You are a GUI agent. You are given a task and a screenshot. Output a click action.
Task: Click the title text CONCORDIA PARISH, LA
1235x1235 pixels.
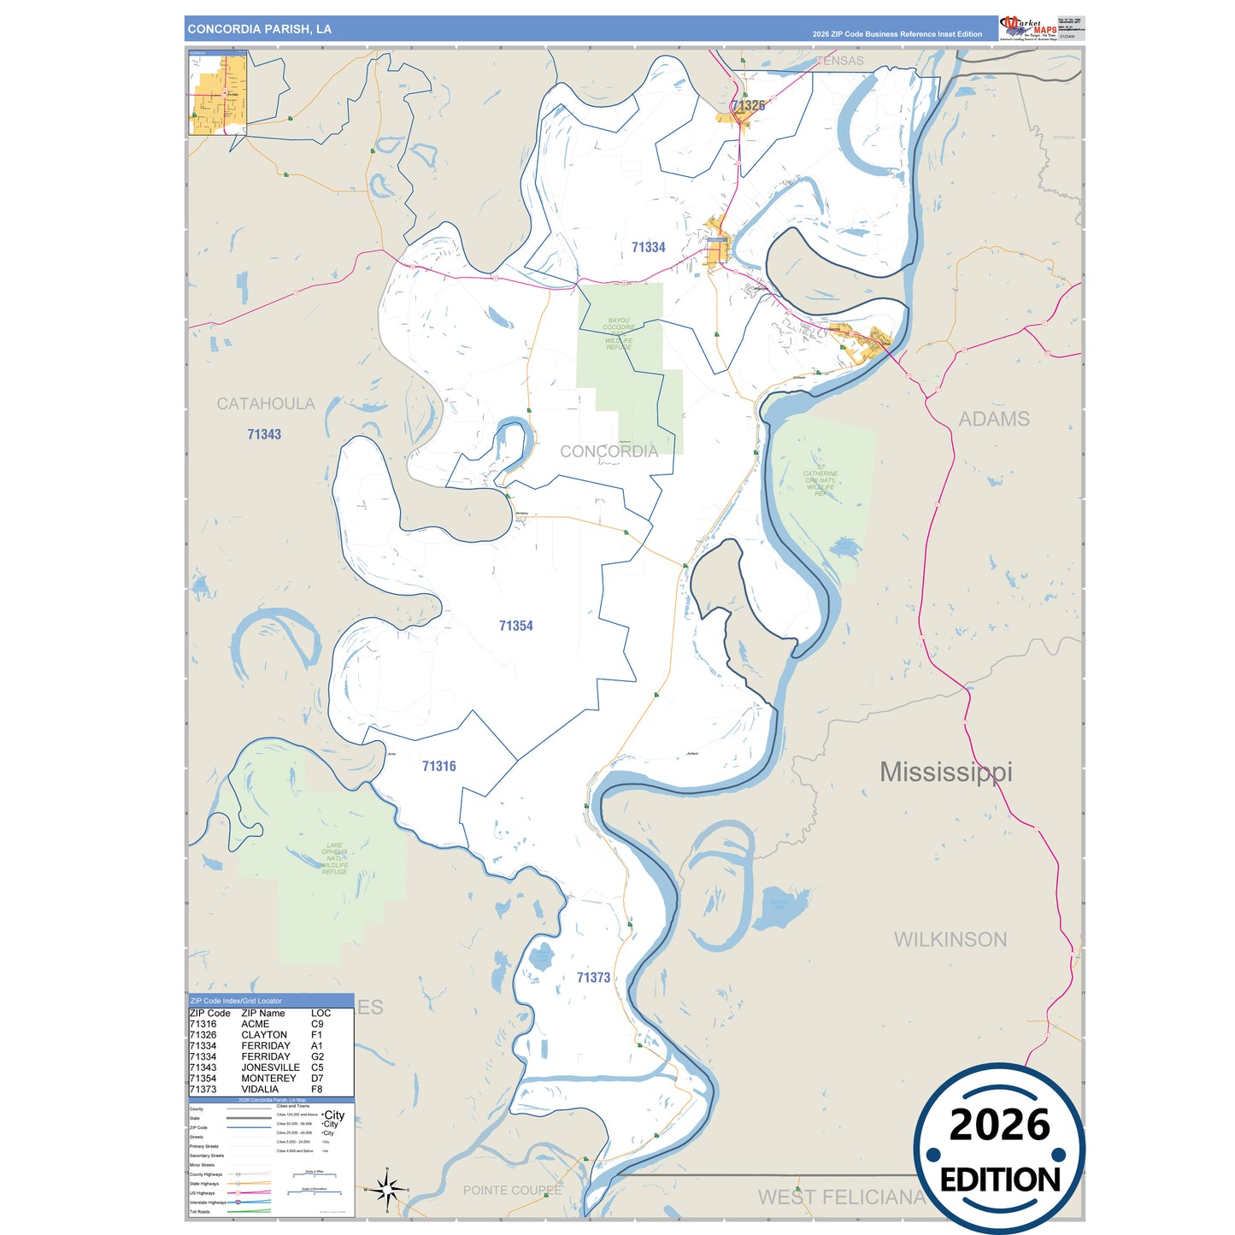point(259,29)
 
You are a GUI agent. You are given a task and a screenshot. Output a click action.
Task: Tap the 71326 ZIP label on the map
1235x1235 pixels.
point(748,106)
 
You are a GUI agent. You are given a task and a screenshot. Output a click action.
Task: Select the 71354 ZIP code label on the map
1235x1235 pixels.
point(515,626)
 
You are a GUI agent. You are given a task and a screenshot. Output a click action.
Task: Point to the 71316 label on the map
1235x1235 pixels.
point(438,766)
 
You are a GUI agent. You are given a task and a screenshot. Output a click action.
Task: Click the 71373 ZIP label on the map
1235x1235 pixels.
point(593,977)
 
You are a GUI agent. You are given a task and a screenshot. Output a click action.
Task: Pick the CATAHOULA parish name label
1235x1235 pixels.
point(265,403)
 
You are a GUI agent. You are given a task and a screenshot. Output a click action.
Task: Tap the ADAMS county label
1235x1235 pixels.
point(993,419)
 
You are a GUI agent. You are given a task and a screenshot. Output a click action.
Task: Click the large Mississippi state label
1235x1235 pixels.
point(945,772)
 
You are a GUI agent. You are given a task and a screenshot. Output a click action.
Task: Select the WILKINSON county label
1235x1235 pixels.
point(950,939)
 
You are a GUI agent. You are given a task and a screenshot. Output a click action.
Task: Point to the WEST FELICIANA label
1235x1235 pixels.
point(841,1197)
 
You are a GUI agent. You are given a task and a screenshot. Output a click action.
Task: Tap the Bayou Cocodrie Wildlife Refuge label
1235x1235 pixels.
point(619,334)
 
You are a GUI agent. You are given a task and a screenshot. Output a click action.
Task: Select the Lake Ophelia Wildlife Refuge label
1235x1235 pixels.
point(334,858)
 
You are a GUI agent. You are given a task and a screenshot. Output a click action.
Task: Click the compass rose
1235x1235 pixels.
point(387,1189)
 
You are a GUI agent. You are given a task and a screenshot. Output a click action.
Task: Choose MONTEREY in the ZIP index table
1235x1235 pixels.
point(268,1079)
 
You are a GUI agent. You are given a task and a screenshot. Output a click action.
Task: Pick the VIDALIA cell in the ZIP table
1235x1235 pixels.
point(260,1090)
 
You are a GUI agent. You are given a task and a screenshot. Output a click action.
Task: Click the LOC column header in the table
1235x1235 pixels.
point(321,1013)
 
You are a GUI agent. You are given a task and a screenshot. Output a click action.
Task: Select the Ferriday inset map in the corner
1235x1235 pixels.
point(218,92)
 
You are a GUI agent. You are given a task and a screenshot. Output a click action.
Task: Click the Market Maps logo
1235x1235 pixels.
point(1028,27)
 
